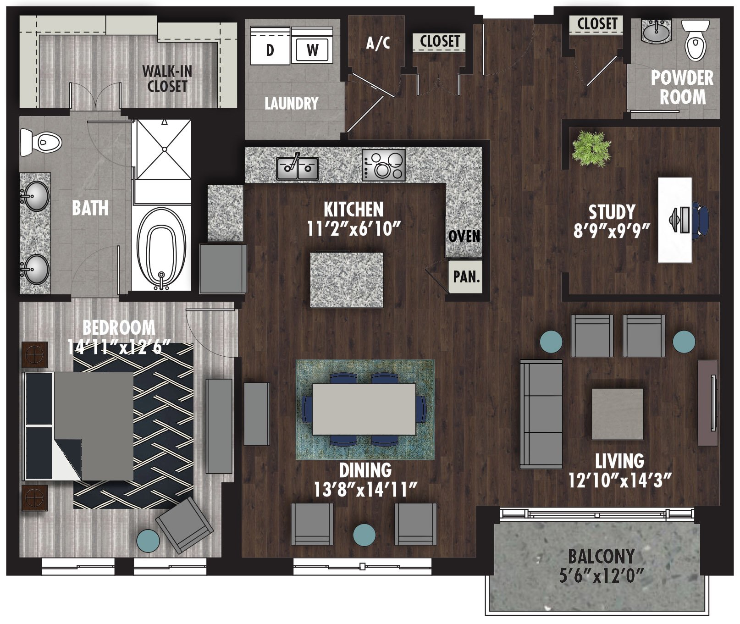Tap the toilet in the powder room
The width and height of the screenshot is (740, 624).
695,42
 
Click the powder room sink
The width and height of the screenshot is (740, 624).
656,32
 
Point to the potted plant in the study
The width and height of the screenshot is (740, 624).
591,149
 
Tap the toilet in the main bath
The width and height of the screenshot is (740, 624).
41,142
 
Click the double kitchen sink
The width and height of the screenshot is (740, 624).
298,168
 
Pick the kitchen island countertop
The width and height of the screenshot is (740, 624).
347,280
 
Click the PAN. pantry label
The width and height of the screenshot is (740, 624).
466,276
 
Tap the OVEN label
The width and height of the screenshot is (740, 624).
464,237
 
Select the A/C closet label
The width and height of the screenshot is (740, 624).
378,43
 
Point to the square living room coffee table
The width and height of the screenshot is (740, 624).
617,414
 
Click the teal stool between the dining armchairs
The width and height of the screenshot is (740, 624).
364,535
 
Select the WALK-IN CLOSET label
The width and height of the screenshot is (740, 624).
167,79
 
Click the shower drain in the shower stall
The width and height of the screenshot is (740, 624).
164,149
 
